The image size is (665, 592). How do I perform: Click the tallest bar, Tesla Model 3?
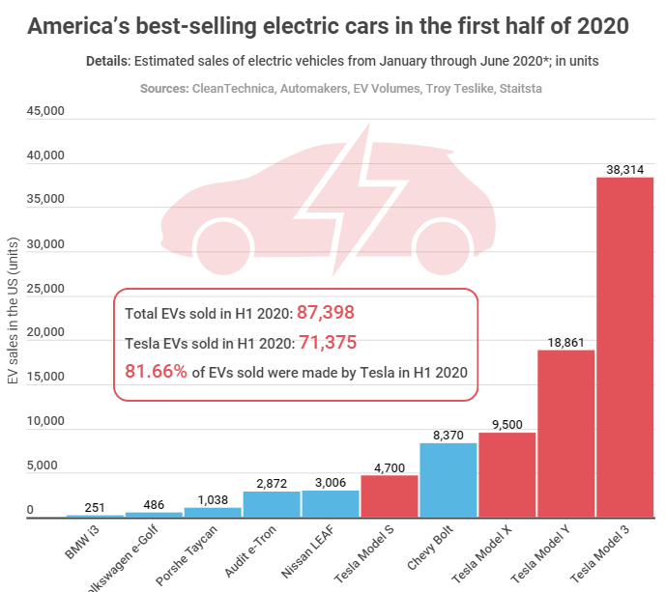[625, 348]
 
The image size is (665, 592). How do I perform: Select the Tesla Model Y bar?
[566, 434]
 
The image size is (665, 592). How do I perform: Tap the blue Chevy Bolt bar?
[448, 480]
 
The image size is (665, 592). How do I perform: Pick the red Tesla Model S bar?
[390, 496]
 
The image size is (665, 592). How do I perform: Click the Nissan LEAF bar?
[331, 504]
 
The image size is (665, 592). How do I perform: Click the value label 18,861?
[566, 340]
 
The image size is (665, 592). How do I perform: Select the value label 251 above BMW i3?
[95, 505]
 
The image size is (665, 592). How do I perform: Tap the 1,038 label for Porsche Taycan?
[213, 497]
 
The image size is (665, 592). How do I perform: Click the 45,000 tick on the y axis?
[43, 112]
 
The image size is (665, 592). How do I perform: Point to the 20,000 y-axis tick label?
[43, 333]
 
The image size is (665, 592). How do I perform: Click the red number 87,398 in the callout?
[326, 312]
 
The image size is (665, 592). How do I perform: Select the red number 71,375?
[326, 341]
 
